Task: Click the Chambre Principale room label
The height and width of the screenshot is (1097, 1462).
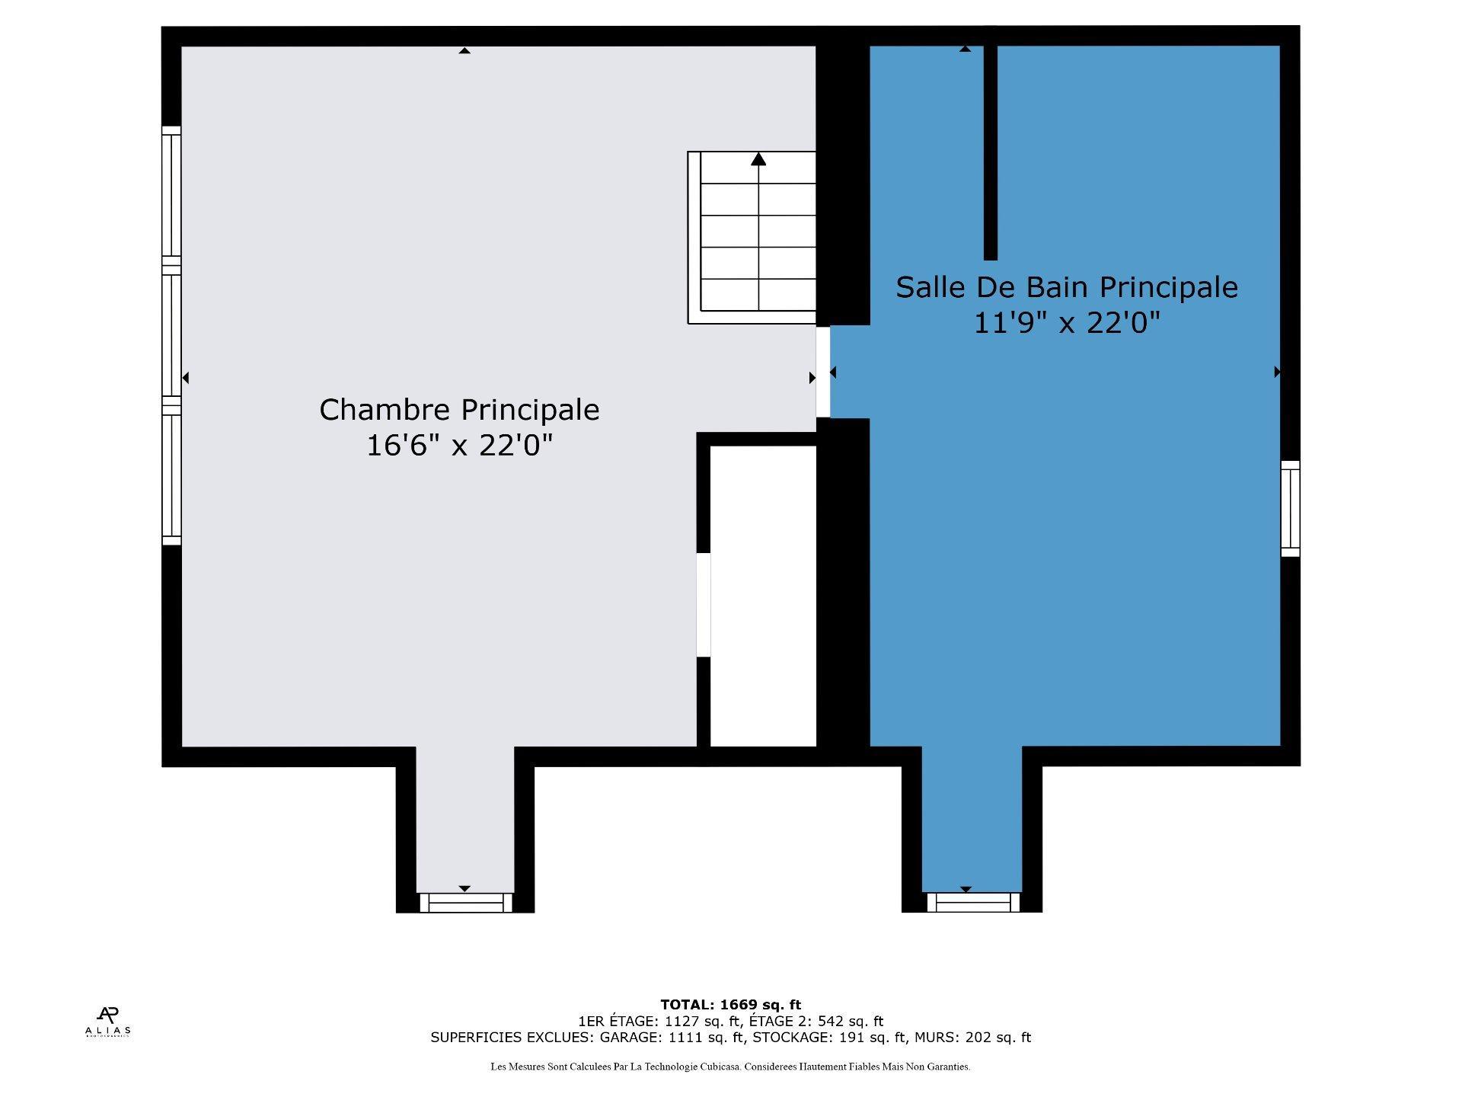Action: [459, 410]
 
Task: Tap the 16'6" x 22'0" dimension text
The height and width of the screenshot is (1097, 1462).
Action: [459, 446]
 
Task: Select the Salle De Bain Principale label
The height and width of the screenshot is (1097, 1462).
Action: [1066, 287]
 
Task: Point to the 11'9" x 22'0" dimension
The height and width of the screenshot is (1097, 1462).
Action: [1066, 324]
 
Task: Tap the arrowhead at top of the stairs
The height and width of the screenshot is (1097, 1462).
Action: [758, 159]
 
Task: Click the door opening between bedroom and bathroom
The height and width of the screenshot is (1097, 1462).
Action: [823, 372]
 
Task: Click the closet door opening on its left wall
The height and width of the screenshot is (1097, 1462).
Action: [704, 605]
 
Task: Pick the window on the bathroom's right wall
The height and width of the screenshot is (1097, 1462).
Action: [1290, 508]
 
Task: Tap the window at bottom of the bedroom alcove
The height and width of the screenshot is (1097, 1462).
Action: [465, 903]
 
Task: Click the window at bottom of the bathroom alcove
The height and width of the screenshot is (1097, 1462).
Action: [972, 903]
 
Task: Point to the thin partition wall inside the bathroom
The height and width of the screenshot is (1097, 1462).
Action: [990, 152]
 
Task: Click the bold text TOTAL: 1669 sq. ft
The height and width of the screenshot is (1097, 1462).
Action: [730, 1005]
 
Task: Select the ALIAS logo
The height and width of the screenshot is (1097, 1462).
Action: [107, 1022]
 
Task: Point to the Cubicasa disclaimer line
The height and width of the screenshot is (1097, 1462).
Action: [730, 1067]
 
